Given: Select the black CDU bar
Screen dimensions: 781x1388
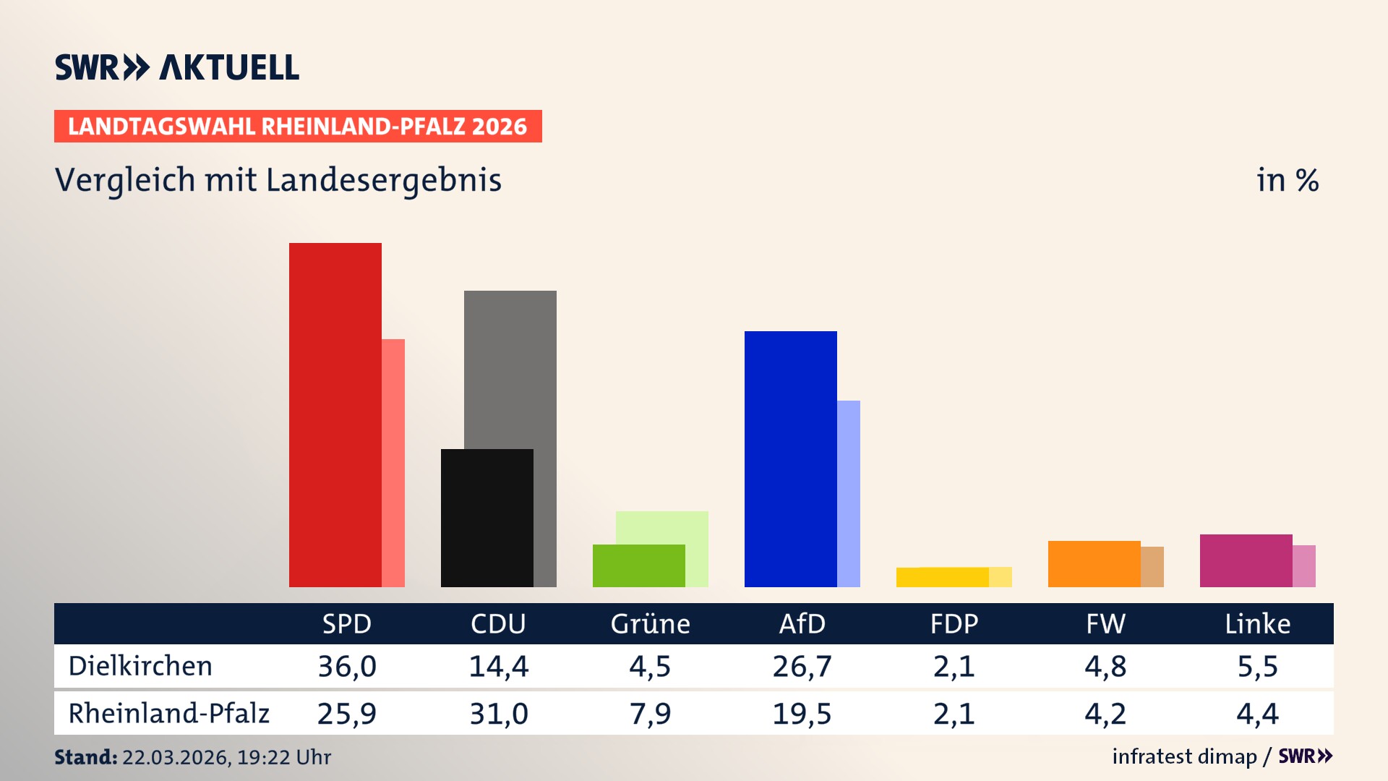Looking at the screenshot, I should click(x=487, y=518).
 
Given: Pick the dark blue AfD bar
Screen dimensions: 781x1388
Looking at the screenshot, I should click(x=790, y=458).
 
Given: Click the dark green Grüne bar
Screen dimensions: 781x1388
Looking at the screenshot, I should click(x=638, y=566).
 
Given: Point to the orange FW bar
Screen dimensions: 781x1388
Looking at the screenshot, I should click(x=1094, y=563).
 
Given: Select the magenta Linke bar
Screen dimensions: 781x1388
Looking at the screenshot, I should click(x=1246, y=560).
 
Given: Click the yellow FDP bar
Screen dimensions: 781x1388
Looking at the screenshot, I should click(x=942, y=577).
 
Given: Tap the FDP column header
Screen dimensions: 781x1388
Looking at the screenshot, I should click(x=954, y=623).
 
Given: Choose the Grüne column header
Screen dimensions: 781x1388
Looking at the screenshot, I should click(x=650, y=623).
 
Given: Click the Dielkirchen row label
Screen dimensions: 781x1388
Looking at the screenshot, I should click(x=140, y=666).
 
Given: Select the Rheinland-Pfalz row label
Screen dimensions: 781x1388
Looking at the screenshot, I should click(x=168, y=714).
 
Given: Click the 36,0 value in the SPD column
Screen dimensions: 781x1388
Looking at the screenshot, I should click(x=347, y=666).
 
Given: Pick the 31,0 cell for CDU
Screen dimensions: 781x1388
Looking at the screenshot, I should click(x=499, y=714).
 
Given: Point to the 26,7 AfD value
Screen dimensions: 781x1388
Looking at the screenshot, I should click(x=802, y=666).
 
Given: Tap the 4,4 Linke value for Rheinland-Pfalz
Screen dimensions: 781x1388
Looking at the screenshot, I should click(x=1257, y=714).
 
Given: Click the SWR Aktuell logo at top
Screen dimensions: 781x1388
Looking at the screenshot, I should click(x=177, y=67).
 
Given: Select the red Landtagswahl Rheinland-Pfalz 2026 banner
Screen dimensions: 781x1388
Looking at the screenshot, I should click(x=298, y=127).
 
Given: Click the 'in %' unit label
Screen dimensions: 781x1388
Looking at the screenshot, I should click(x=1287, y=180).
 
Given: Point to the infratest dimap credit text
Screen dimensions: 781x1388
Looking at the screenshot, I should click(x=1184, y=756).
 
